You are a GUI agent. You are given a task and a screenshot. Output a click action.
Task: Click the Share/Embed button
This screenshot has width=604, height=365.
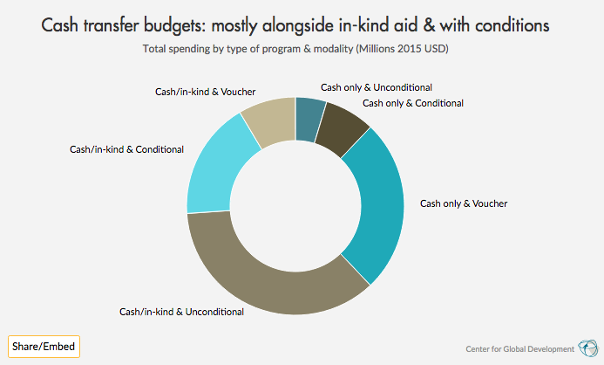pos(43,347)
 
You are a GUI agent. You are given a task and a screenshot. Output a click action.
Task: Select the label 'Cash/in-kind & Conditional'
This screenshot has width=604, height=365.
pos(126,149)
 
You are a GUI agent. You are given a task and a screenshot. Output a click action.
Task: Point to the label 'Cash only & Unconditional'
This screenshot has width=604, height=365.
pos(377,87)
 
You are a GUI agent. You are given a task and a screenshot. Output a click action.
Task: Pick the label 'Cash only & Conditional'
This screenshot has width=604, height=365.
pos(412,103)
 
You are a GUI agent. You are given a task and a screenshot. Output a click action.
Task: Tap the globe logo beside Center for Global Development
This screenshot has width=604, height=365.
pos(588,347)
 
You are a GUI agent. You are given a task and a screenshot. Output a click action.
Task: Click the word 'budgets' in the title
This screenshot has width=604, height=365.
pos(177,25)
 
